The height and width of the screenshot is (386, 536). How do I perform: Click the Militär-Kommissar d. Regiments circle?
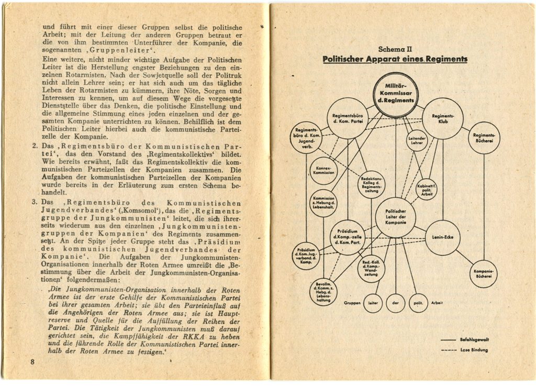[x=396, y=95]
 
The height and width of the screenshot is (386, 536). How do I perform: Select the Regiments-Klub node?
[x=443, y=118]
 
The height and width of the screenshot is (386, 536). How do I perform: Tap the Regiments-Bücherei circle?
[x=484, y=138]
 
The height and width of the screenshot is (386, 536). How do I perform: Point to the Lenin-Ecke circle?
[x=442, y=237]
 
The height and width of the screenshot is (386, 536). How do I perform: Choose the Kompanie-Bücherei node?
[x=484, y=274]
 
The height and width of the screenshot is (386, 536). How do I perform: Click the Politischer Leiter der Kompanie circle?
[x=396, y=217]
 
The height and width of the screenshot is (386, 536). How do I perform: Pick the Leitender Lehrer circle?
[x=417, y=140]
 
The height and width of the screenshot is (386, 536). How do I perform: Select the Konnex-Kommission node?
[x=323, y=171]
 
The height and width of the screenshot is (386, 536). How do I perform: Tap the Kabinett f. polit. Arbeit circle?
[x=426, y=189]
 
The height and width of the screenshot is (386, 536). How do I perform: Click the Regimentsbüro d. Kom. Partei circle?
[x=348, y=118]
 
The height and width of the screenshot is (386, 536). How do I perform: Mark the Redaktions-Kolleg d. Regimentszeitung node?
[x=371, y=184]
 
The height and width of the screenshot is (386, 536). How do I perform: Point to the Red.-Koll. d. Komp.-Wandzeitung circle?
[x=371, y=268]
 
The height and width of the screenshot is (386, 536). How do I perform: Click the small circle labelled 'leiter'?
[x=373, y=303]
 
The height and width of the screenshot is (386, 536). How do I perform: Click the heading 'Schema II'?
[x=395, y=49]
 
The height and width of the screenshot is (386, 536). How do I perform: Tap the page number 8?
[x=32, y=362]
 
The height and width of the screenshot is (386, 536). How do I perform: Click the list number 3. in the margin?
[x=34, y=202]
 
